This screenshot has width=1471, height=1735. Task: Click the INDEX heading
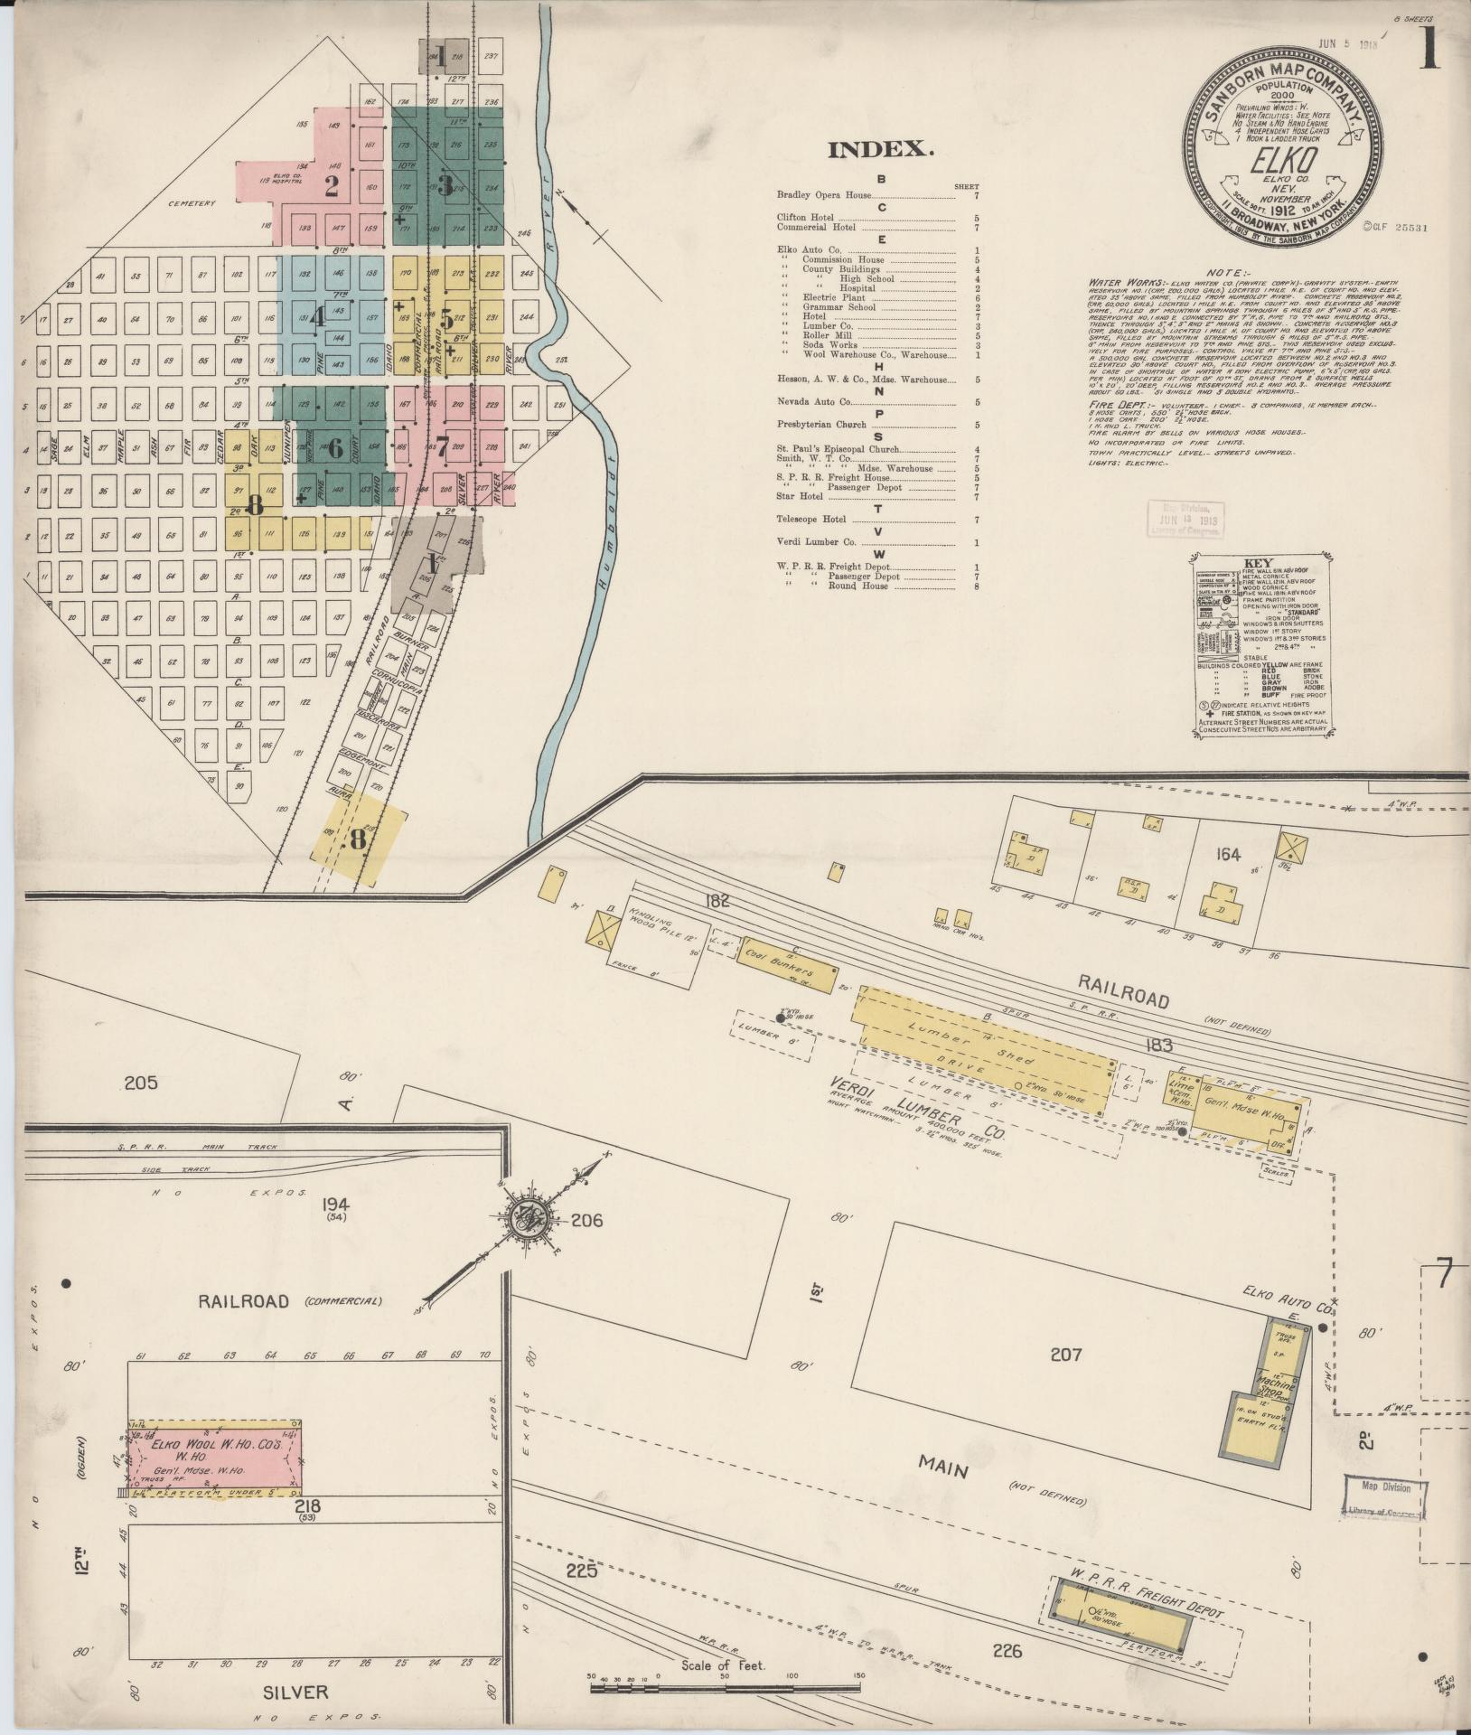click(880, 150)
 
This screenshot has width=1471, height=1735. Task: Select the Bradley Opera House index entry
click(824, 195)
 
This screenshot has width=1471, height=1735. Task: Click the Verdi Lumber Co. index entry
click(816, 542)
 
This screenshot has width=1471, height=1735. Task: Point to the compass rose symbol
click(522, 1221)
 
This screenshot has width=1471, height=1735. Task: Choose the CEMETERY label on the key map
click(191, 203)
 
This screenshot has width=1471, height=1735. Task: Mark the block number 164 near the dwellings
click(1228, 854)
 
